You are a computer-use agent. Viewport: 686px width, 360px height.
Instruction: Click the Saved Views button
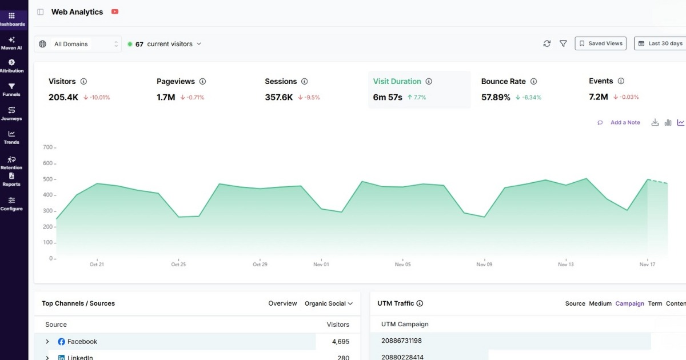(x=600, y=43)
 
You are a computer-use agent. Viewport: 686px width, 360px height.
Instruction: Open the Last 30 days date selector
(x=661, y=43)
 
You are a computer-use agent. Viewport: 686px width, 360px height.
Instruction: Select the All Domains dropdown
(x=78, y=44)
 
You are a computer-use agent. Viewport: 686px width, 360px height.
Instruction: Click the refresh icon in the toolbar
(x=547, y=43)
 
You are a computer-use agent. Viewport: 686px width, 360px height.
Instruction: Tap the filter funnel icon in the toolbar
(x=563, y=43)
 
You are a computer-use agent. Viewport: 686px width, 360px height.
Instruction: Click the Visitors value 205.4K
(x=63, y=97)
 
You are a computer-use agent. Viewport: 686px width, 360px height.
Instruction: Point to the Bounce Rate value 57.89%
(x=496, y=97)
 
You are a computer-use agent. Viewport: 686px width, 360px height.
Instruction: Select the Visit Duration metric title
(x=397, y=81)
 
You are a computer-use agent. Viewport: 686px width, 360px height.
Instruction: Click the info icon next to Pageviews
(x=202, y=81)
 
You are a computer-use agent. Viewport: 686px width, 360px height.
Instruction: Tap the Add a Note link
(x=625, y=122)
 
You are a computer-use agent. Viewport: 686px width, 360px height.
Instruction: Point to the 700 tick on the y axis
(x=47, y=147)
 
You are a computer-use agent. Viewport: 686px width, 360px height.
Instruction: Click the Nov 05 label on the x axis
(x=402, y=265)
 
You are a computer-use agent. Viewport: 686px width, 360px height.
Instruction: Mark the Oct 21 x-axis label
(x=97, y=265)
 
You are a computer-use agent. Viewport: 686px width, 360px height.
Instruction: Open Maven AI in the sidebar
(x=11, y=43)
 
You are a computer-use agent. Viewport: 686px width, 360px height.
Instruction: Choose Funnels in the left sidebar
(x=11, y=90)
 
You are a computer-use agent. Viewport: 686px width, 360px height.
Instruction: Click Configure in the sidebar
(x=11, y=203)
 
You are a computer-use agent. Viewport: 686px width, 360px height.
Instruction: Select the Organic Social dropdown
(x=329, y=303)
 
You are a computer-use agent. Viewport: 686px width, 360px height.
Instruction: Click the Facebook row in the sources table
(x=82, y=342)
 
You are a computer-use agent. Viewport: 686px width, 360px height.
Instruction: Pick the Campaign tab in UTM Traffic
(x=629, y=303)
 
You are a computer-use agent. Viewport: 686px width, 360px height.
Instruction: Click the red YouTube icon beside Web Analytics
(x=115, y=11)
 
